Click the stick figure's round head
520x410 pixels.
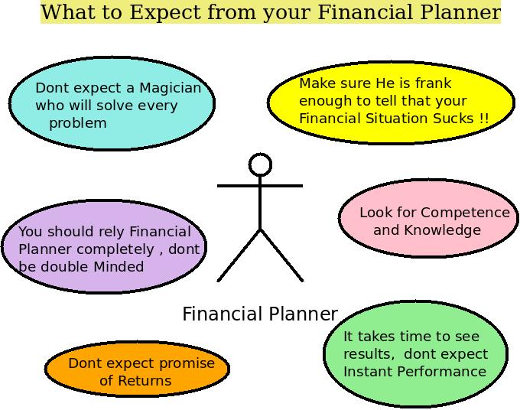[261, 164]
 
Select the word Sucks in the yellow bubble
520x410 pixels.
[456, 119]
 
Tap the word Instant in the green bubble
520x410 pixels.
[368, 372]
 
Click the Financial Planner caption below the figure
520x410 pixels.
[260, 314]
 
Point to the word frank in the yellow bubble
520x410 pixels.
[433, 83]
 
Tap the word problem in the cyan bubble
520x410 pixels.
[78, 123]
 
